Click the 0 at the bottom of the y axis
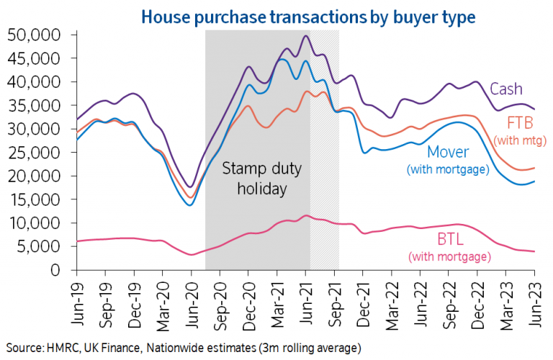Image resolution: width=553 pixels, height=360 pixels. point(63,270)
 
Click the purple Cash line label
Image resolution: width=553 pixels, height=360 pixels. point(505,89)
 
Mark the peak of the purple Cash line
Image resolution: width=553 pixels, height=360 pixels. point(306,35)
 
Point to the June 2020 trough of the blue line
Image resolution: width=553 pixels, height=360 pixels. point(190,204)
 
